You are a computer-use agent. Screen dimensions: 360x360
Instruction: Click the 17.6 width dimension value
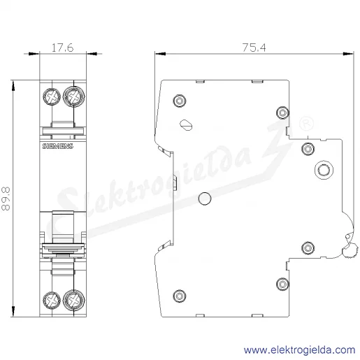(x=62, y=48)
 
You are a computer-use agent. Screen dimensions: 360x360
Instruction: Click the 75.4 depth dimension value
(x=254, y=48)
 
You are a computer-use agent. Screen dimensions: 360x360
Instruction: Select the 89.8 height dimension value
(x=6, y=199)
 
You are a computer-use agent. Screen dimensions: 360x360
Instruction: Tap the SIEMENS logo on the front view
(x=57, y=146)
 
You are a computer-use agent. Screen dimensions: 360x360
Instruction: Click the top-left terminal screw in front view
(x=52, y=96)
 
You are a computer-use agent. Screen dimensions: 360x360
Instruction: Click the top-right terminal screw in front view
(x=74, y=96)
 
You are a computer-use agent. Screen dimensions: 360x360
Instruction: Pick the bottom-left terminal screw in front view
(x=52, y=301)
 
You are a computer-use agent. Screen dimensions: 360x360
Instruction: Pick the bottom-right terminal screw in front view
(x=74, y=301)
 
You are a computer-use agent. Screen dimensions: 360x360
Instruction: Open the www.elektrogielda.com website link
(x=299, y=350)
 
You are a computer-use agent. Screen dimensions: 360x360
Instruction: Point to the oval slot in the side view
(x=186, y=125)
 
